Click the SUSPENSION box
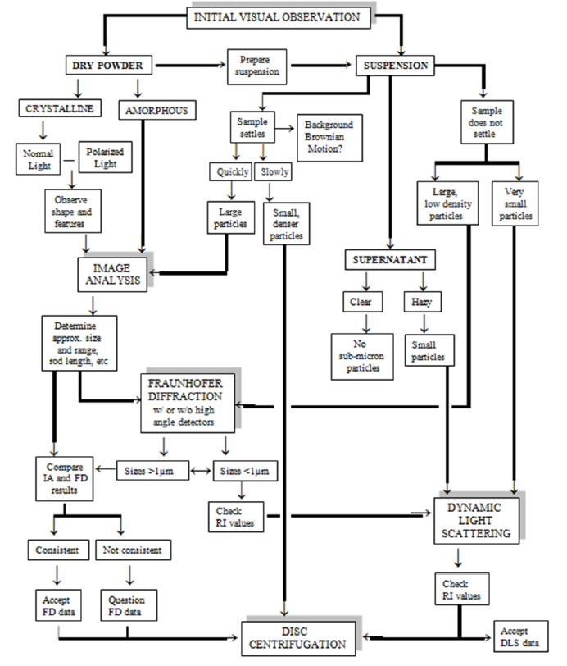(392, 64)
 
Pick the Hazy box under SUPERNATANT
(423, 301)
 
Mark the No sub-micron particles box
(361, 354)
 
